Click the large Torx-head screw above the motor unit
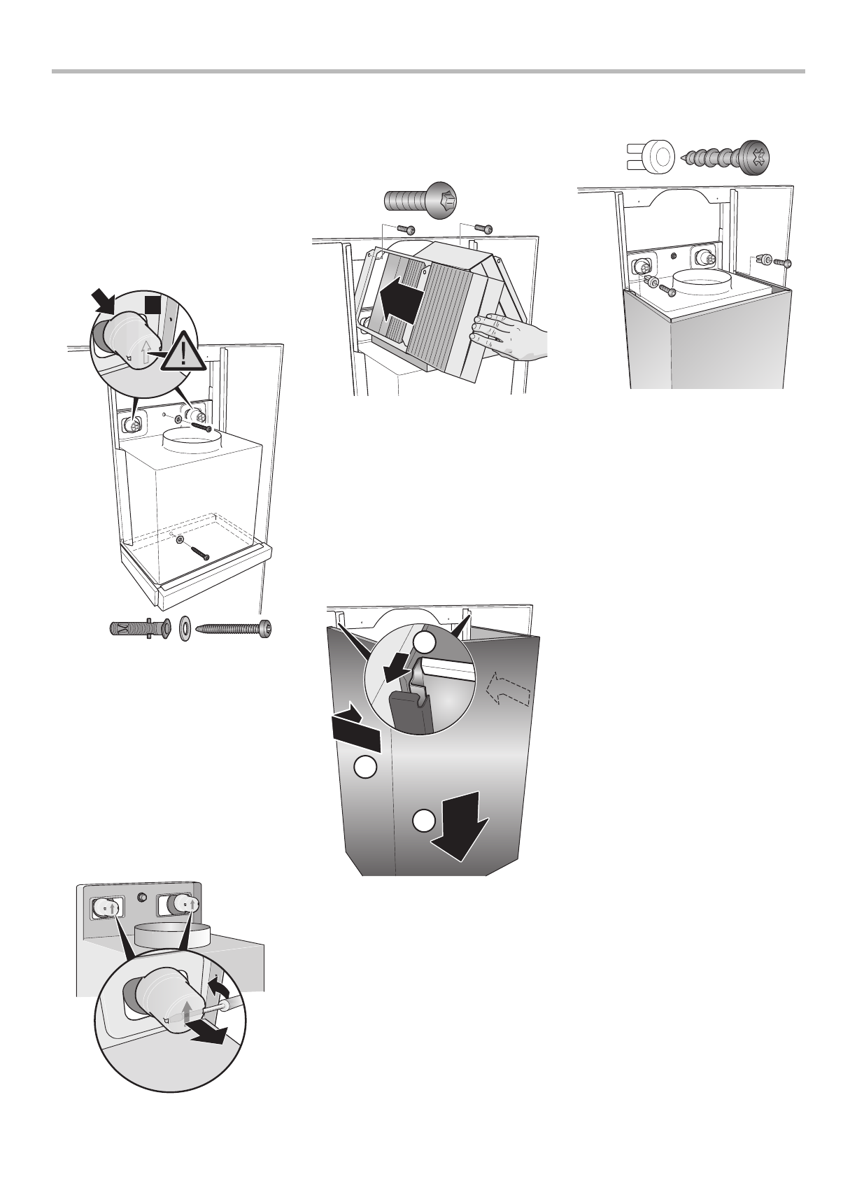pos(421,199)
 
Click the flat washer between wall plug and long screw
pos(185,627)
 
